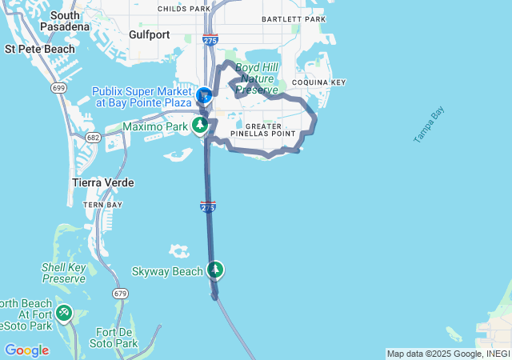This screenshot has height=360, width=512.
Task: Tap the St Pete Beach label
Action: [39, 49]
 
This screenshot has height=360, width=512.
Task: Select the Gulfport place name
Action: [150, 34]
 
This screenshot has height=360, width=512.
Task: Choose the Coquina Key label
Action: [318, 82]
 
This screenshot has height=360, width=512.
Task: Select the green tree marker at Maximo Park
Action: [199, 125]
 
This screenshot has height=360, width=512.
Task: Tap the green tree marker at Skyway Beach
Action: [214, 270]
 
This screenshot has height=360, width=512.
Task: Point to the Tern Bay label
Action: [103, 205]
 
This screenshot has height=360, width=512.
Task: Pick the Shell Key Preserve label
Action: [64, 273]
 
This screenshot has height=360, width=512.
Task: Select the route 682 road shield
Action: [94, 138]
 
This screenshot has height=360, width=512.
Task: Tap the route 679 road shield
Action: [121, 294]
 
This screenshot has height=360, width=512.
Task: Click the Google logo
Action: [26, 350]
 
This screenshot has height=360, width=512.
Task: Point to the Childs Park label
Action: [183, 8]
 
